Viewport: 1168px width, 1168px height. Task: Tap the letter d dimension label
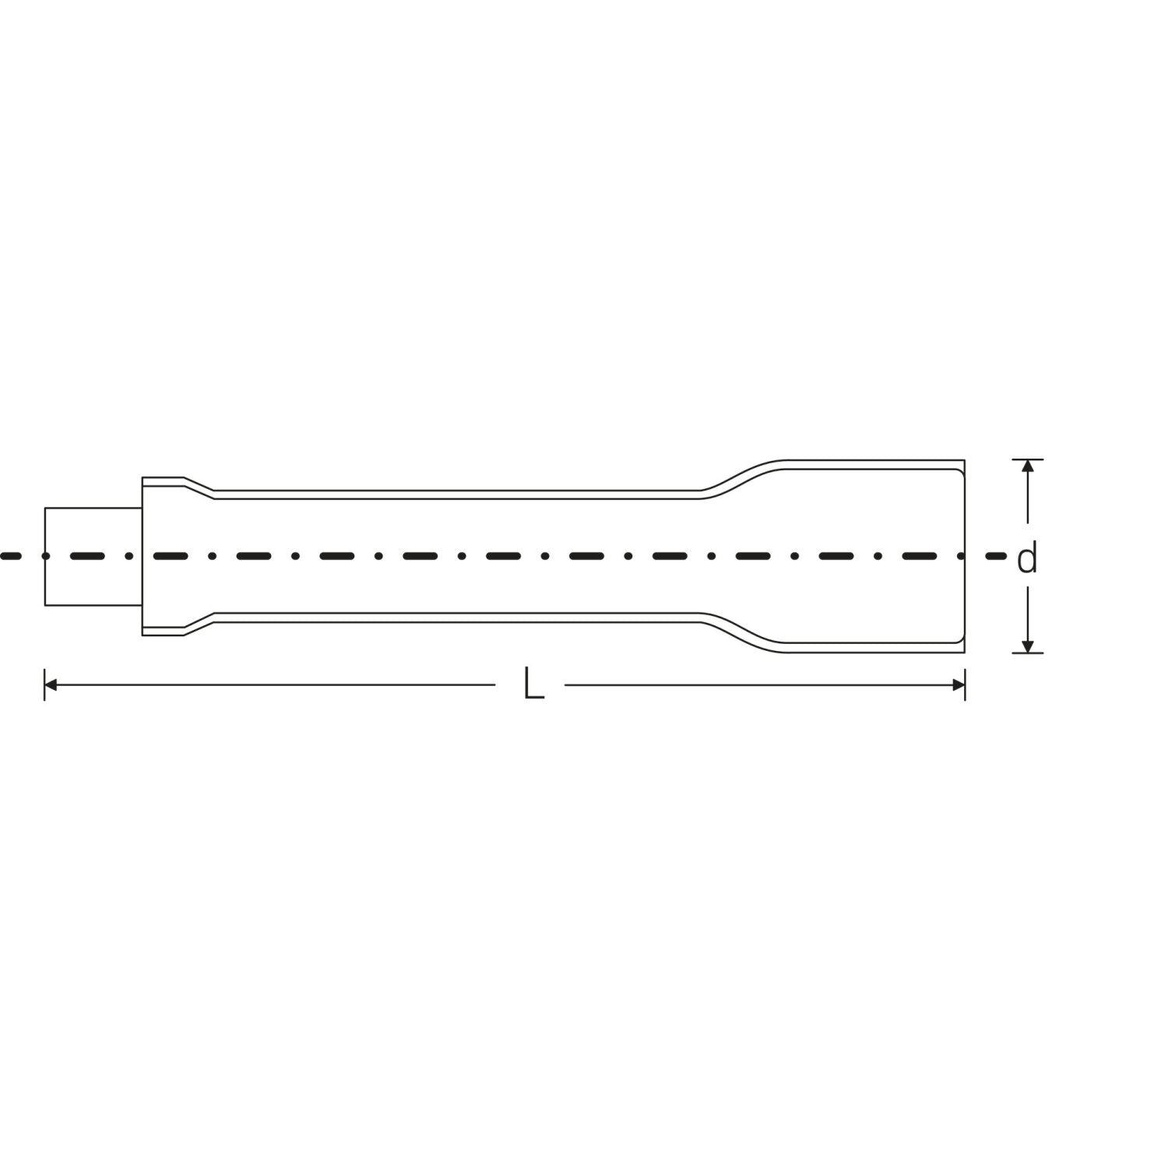[1028, 558]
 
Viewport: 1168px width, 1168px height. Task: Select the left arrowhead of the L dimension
[51, 685]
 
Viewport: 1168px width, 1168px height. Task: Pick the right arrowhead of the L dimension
[958, 685]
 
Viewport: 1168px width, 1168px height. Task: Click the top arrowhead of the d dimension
[1028, 466]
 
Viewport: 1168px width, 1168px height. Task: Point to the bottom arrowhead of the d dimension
[1028, 646]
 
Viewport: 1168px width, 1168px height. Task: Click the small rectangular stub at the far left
[93, 557]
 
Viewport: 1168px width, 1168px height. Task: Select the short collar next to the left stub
[163, 557]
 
